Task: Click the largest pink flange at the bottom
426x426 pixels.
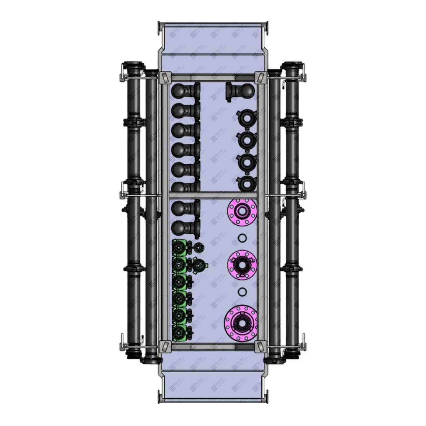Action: point(241,321)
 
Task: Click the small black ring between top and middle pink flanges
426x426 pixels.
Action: point(242,238)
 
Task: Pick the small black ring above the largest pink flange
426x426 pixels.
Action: point(242,292)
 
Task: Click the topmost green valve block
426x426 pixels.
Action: point(180,248)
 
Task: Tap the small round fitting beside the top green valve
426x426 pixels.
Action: point(198,247)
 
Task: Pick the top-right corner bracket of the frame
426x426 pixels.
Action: point(260,77)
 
